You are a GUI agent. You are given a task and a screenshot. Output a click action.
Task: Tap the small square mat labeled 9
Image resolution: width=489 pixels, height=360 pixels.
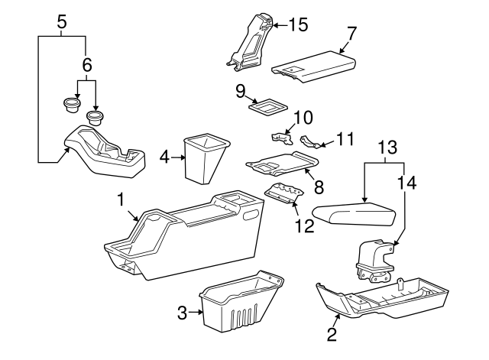point(267,106)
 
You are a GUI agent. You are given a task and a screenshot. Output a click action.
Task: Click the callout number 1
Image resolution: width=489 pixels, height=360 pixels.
point(121,199)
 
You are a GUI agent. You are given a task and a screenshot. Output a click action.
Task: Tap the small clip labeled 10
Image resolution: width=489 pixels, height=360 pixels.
point(284,138)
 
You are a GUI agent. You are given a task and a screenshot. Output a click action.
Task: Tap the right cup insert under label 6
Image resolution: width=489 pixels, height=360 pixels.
point(96,117)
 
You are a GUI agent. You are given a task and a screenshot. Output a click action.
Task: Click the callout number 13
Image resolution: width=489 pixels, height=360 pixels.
point(387,147)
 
